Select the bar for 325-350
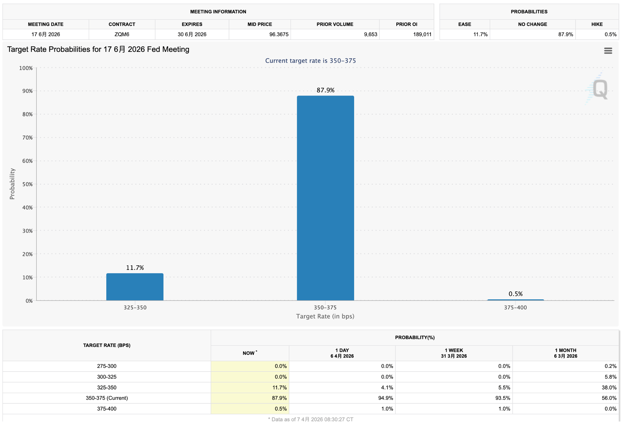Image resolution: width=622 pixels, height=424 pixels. click(x=135, y=287)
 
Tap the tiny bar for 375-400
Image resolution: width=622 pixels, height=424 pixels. click(x=515, y=300)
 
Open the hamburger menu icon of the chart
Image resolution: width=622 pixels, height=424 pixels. click(x=608, y=51)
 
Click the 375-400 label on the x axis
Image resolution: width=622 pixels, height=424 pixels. click(x=515, y=308)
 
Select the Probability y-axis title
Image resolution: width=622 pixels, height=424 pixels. click(x=12, y=184)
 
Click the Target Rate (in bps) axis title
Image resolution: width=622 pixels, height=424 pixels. click(x=325, y=316)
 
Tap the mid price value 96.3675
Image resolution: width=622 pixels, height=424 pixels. click(x=279, y=34)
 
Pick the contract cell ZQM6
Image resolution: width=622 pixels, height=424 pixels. click(x=122, y=34)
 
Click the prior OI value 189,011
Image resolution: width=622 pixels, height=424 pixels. click(x=422, y=34)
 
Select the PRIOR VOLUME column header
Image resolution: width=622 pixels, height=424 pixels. click(x=335, y=24)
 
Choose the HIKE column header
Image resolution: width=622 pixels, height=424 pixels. click(x=597, y=24)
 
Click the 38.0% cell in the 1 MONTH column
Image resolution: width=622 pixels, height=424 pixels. click(x=609, y=387)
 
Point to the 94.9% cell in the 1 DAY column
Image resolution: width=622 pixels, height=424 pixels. click(x=385, y=398)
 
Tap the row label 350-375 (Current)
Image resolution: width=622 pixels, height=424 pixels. click(x=107, y=398)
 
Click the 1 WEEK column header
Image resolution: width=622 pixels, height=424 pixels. click(x=454, y=353)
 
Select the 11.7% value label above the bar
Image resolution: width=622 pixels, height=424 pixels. click(x=135, y=268)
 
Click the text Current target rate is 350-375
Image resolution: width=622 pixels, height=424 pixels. click(x=310, y=61)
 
